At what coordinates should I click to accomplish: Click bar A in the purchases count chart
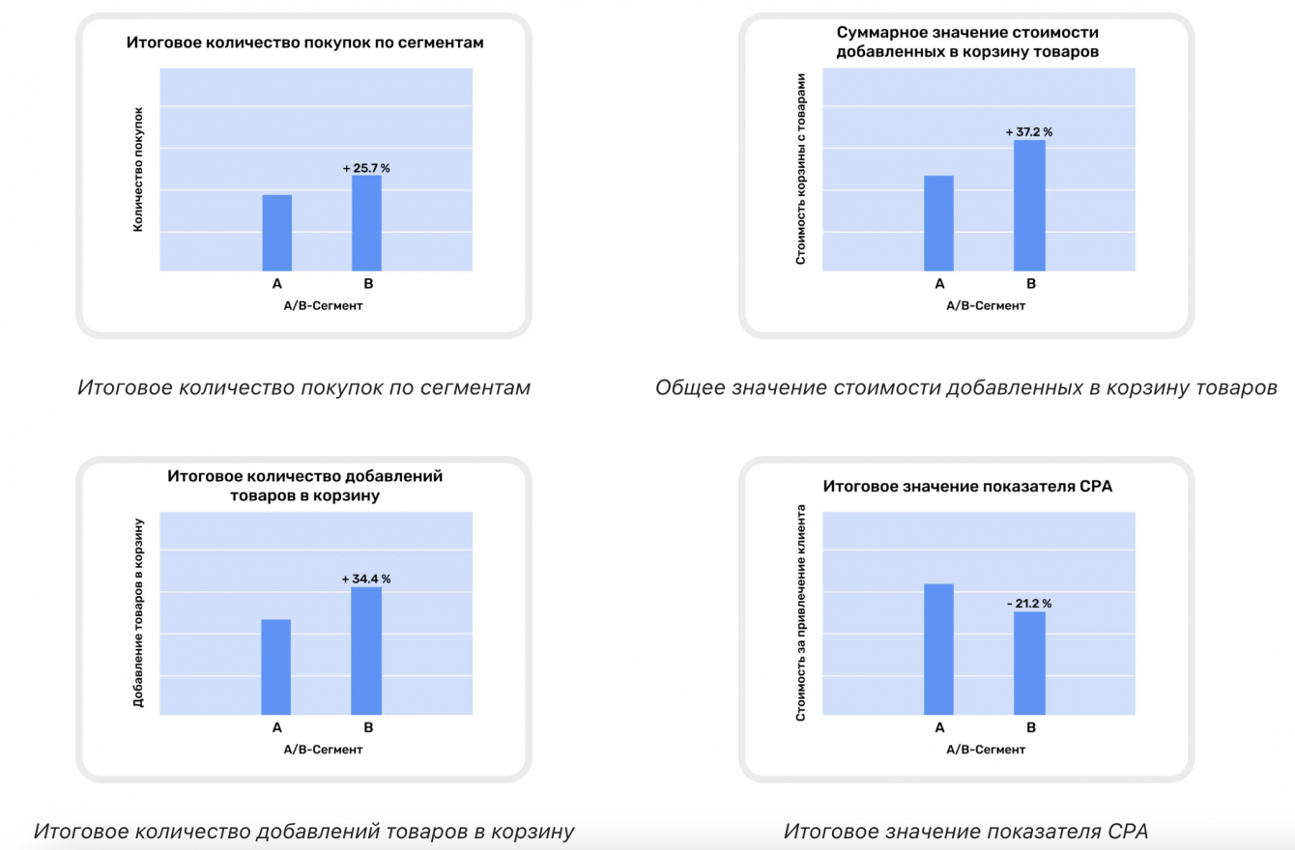[276, 233]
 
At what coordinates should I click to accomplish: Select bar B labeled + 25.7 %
[366, 223]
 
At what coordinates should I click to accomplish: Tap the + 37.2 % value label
[1028, 131]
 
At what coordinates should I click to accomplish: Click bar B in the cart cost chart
[1029, 206]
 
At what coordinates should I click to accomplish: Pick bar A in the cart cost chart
[938, 223]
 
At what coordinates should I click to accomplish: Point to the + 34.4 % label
[366, 579]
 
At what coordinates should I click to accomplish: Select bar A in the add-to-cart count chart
[276, 666]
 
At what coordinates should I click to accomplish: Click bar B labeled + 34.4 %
[366, 651]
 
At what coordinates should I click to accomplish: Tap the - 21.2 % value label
[1028, 604]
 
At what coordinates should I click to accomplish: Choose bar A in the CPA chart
[938, 649]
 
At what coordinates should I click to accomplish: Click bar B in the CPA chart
[1029, 663]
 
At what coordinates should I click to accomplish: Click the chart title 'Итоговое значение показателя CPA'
[967, 486]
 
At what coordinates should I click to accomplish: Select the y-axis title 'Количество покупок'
[138, 169]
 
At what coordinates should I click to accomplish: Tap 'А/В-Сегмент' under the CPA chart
[985, 750]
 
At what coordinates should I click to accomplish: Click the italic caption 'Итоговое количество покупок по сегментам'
[303, 388]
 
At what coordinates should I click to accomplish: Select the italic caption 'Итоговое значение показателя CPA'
[965, 831]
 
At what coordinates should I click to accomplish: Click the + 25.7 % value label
[366, 168]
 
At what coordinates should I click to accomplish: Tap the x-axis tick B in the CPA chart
[1030, 727]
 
